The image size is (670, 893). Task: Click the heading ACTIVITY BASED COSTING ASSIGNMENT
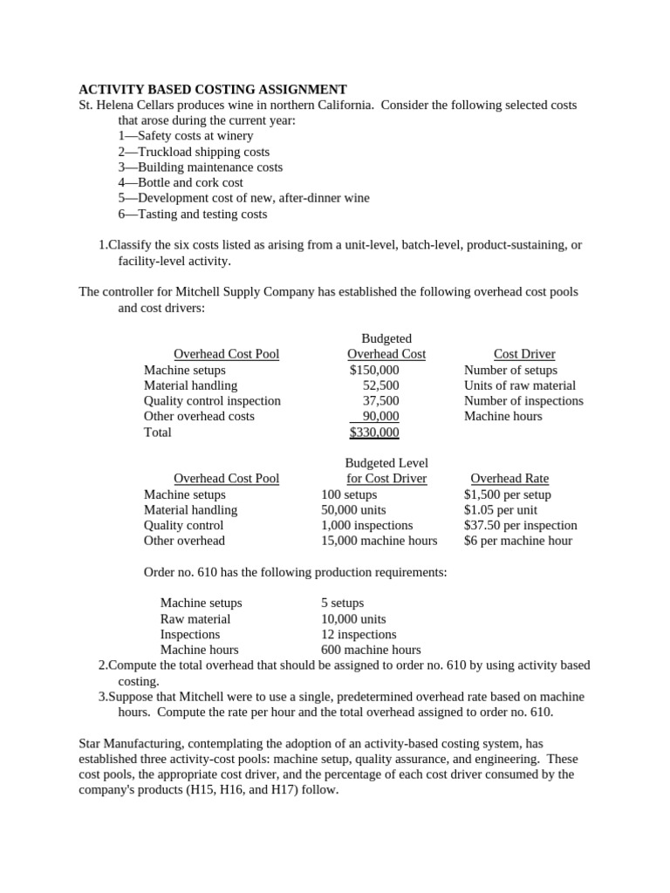[213, 89]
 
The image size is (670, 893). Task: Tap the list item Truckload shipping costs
[194, 152]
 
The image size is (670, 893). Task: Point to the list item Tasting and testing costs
[193, 215]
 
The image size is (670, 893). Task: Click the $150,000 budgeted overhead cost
[374, 370]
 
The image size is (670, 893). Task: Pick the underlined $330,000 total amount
[374, 433]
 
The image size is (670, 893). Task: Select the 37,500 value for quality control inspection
[380, 401]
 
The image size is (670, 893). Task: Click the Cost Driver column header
[524, 354]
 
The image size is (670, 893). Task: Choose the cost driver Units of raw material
[520, 385]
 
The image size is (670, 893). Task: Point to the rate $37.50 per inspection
[520, 526]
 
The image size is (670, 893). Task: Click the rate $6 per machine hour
[518, 542]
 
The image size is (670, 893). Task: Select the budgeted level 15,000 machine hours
[379, 542]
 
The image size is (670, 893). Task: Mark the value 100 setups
[349, 494]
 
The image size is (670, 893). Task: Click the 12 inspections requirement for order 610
[359, 635]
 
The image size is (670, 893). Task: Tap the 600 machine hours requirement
[371, 651]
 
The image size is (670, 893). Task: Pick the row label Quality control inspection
[212, 401]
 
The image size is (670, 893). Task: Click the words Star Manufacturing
[133, 743]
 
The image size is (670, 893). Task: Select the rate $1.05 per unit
[501, 510]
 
